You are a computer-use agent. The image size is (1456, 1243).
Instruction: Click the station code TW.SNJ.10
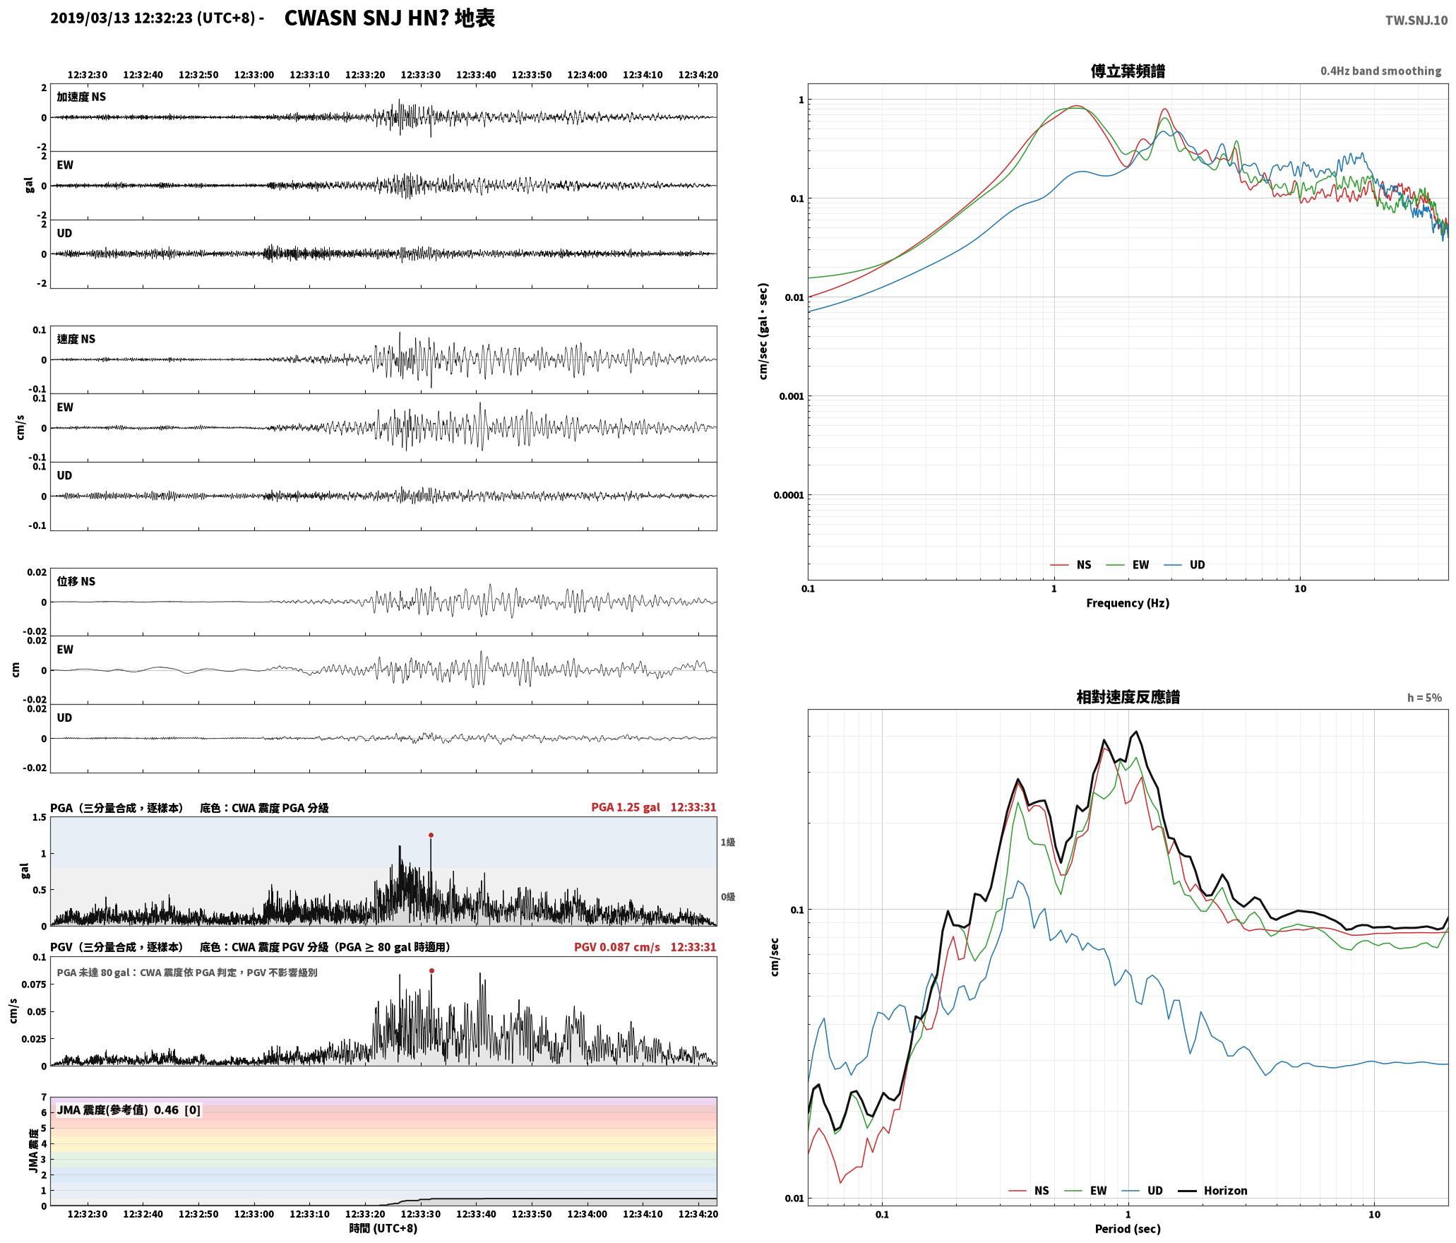click(1416, 20)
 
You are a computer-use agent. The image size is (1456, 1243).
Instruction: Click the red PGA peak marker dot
click(431, 835)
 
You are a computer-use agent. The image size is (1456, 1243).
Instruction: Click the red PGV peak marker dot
click(431, 970)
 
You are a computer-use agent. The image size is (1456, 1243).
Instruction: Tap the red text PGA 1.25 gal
click(626, 807)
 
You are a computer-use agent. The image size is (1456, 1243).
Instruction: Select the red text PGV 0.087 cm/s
click(617, 947)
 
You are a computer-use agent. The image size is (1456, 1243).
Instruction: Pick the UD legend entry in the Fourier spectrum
click(1185, 565)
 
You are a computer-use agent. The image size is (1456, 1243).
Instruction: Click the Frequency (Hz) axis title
click(1128, 603)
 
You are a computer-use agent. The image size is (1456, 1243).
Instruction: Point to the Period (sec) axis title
click(1128, 1229)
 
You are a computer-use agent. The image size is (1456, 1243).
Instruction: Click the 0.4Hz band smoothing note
click(1380, 71)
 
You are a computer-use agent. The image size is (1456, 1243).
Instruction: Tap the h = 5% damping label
click(1424, 698)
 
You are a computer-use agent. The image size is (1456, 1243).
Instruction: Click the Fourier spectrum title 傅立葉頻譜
click(1128, 71)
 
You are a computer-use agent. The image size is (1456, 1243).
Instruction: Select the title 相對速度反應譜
click(1128, 697)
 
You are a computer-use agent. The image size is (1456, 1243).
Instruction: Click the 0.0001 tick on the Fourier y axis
click(788, 495)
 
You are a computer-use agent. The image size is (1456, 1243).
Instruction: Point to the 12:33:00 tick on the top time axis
click(253, 75)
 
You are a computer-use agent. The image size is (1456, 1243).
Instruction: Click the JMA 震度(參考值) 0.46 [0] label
click(129, 1110)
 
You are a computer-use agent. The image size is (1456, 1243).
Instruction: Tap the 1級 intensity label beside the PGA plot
click(728, 842)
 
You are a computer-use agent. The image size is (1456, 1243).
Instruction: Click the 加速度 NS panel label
click(81, 97)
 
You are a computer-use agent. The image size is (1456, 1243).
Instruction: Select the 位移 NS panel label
click(76, 581)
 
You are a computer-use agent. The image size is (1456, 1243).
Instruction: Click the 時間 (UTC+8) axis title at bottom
click(383, 1228)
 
